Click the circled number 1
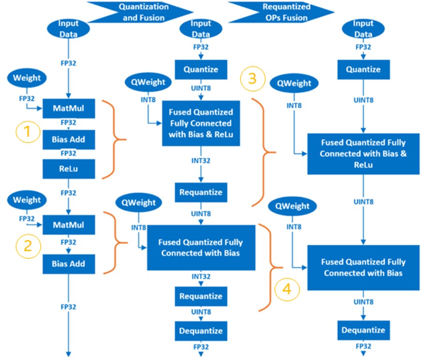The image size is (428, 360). [x=27, y=132]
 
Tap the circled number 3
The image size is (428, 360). [x=252, y=78]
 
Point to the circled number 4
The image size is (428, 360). [x=288, y=290]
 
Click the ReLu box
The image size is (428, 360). [x=69, y=168]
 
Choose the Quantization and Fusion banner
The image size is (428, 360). [x=141, y=12]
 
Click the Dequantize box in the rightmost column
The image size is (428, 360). [x=363, y=330]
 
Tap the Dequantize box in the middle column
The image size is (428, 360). [x=200, y=331]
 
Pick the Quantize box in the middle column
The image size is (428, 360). [x=200, y=69]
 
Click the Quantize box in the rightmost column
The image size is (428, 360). [x=363, y=69]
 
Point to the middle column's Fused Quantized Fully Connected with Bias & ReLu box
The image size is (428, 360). [x=201, y=123]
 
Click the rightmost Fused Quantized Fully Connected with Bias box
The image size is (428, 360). [x=363, y=268]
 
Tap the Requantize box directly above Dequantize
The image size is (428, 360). [x=200, y=296]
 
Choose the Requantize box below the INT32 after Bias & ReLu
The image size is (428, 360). [x=200, y=192]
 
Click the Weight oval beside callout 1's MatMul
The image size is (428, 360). [x=27, y=78]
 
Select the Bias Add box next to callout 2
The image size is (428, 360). [x=69, y=264]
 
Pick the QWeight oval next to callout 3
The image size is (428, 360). [x=294, y=83]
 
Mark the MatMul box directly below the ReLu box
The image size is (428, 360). [x=69, y=225]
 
